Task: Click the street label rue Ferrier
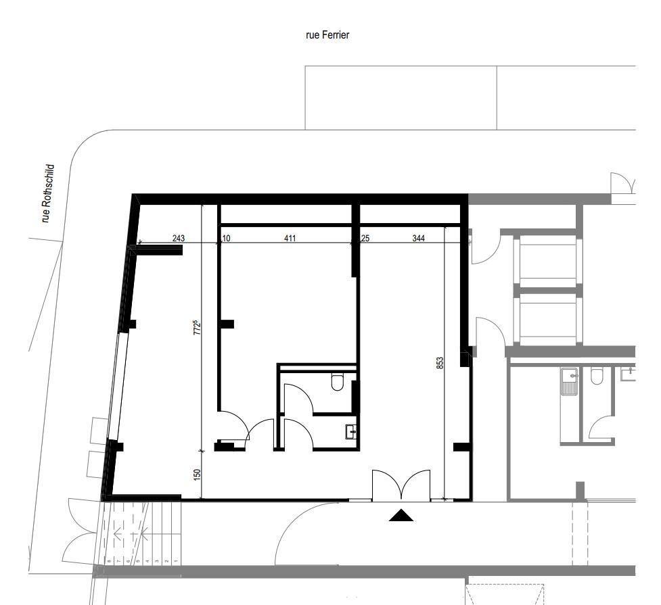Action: pos(327,35)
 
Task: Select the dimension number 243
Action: pos(179,238)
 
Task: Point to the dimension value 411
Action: pos(290,238)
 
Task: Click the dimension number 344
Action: pos(418,238)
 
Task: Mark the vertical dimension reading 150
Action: pos(197,475)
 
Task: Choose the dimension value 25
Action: pos(365,238)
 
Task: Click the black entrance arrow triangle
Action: pos(401,516)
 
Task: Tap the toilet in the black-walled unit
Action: pos(338,383)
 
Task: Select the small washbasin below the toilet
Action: pos(350,431)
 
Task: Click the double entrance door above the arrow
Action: pos(401,485)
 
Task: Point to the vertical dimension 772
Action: pos(197,327)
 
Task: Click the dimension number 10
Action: pos(226,238)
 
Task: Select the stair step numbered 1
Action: pos(175,561)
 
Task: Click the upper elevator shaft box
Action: pos(547,260)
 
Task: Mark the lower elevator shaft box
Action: pos(547,319)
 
